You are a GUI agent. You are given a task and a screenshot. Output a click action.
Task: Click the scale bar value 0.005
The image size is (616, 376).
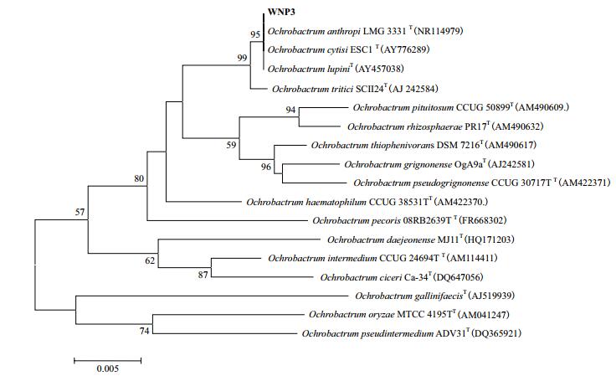107,368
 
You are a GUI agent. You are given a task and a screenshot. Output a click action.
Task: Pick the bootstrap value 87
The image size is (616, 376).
202,276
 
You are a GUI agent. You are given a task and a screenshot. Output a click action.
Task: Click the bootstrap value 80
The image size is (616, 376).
139,178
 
